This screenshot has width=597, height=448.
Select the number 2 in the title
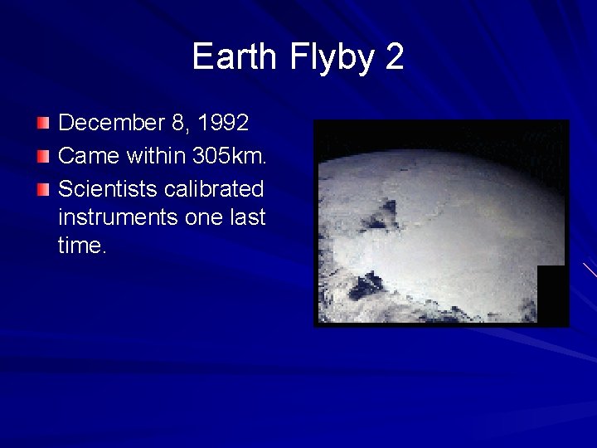[x=394, y=57]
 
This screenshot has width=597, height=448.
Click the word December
[x=112, y=124]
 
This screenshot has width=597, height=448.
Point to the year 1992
[x=222, y=124]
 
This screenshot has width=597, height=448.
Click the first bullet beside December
[x=42, y=124]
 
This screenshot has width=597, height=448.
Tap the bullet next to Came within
[x=42, y=156]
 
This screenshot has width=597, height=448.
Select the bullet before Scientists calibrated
[x=42, y=188]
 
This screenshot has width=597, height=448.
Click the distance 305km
[x=228, y=156]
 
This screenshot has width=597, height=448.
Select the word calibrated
[x=214, y=188]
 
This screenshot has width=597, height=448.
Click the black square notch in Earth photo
[x=552, y=294]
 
